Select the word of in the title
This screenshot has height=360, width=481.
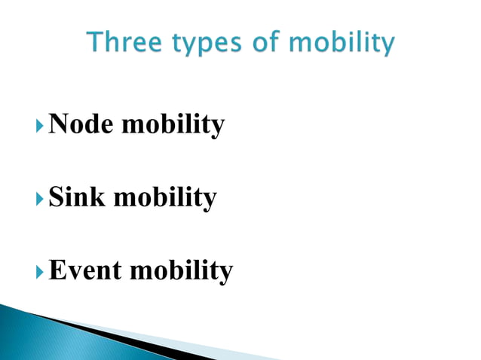coord(256,44)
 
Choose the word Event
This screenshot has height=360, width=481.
coord(85,269)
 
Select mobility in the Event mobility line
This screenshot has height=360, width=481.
coord(181,270)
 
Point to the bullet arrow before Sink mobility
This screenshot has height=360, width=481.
coord(40,198)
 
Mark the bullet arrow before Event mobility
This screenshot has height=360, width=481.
coord(40,270)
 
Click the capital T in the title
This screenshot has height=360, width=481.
coord(95,44)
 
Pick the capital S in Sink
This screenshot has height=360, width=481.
coord(56,197)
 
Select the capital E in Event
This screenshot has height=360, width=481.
coord(57,269)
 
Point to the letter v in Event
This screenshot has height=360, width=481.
coord(72,271)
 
